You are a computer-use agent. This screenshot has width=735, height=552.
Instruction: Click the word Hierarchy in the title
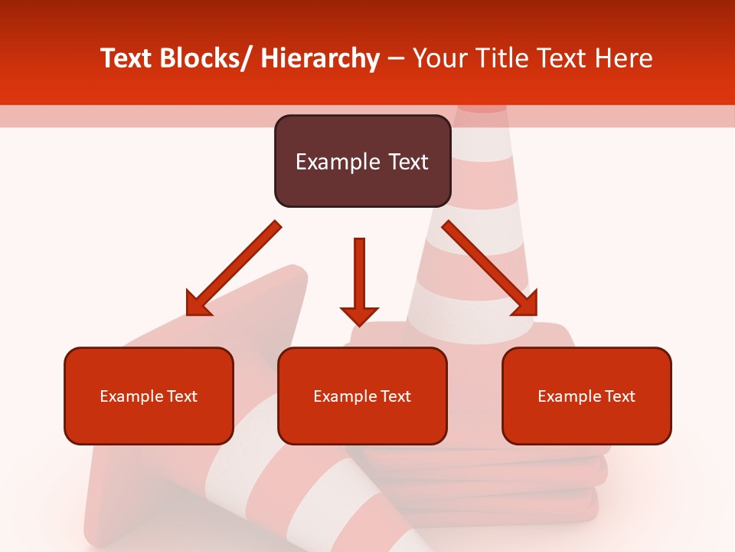click(319, 58)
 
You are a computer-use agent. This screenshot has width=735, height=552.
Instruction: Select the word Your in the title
click(439, 58)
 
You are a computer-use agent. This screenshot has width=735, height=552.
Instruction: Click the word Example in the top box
click(338, 162)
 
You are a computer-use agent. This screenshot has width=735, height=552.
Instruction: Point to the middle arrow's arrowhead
click(359, 314)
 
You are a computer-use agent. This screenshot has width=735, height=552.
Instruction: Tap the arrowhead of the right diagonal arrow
click(524, 303)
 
